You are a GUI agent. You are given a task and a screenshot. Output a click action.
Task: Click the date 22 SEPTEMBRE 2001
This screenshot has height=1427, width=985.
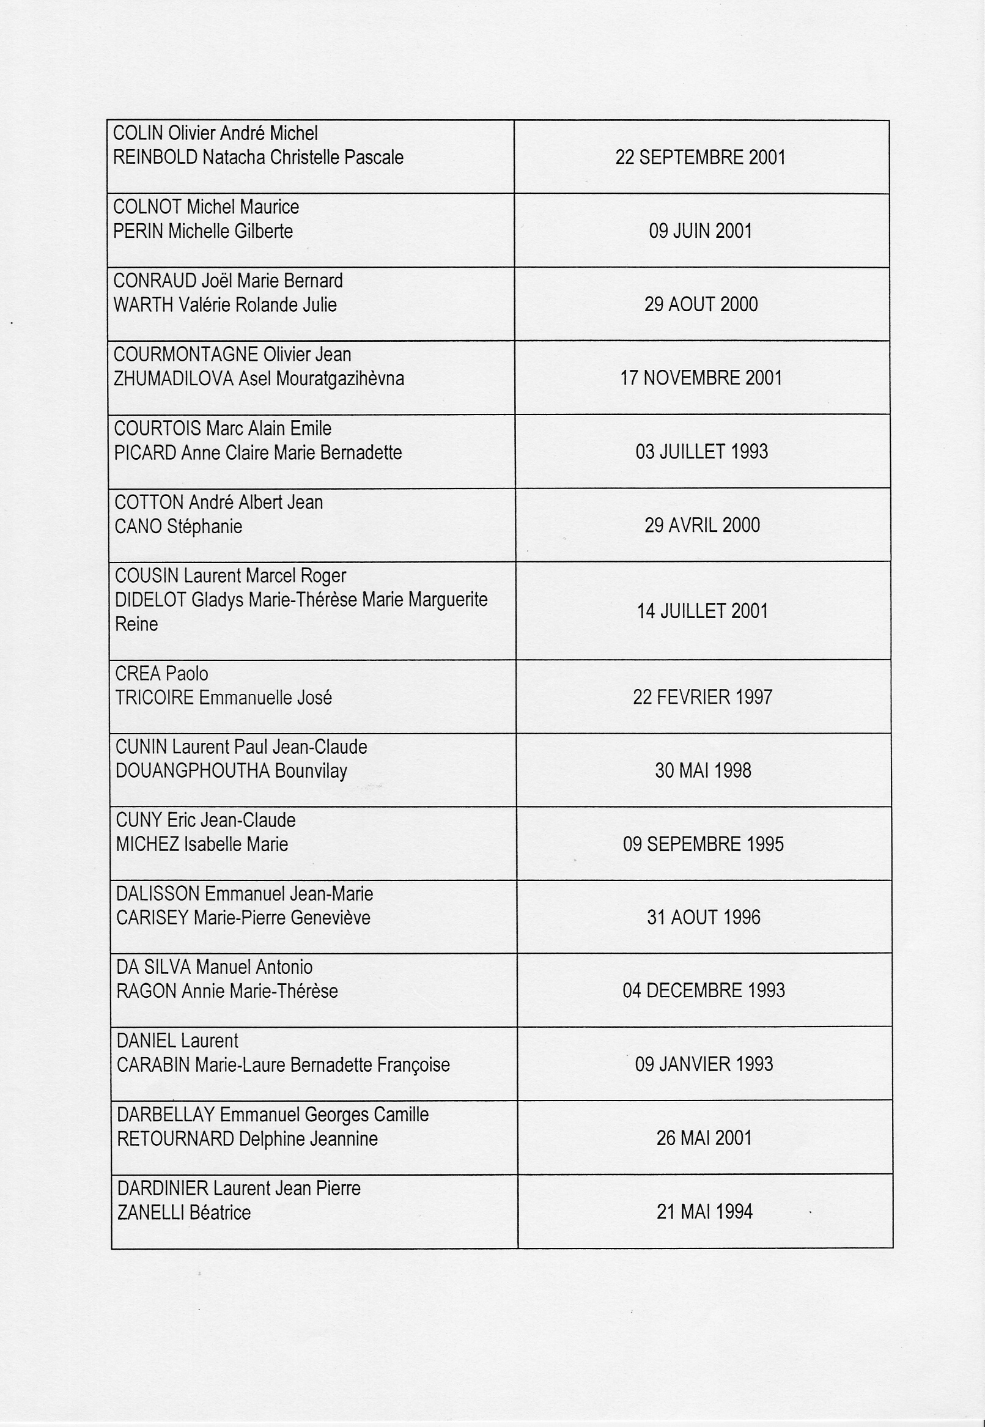(x=700, y=157)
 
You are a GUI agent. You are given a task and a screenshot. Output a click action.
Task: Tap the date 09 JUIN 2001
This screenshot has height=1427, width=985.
(x=700, y=231)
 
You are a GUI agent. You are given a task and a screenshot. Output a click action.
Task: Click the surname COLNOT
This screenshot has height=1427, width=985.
(x=147, y=207)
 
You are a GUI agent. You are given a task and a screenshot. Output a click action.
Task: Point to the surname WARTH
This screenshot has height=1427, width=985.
(x=143, y=305)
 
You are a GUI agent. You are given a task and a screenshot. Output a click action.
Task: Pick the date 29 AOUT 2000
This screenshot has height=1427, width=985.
(x=701, y=304)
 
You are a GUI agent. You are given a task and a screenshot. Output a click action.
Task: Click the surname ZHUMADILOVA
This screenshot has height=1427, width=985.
(x=174, y=378)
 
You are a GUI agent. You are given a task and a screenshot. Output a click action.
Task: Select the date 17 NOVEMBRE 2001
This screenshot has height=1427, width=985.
(x=701, y=378)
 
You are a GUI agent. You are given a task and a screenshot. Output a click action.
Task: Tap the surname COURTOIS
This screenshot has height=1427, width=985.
(x=157, y=429)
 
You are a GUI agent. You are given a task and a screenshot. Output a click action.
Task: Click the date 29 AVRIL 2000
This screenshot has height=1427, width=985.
(x=702, y=525)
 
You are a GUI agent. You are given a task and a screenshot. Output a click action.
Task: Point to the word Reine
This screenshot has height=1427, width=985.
(x=136, y=624)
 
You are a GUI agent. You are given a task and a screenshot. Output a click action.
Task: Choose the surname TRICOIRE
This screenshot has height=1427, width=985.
(x=154, y=698)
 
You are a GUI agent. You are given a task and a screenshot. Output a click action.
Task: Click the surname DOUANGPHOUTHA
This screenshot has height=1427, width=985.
(x=193, y=771)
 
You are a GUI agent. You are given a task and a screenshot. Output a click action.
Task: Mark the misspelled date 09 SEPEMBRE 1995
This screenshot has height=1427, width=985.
(x=703, y=844)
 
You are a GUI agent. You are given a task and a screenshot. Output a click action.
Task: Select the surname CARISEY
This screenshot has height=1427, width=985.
(x=152, y=918)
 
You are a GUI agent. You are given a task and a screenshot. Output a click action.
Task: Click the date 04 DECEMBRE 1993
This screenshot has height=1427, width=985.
(x=704, y=990)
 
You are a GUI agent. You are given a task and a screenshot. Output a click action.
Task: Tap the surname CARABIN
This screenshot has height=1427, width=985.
(x=153, y=1064)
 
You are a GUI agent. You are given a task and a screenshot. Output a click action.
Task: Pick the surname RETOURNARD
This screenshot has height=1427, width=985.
(x=175, y=1139)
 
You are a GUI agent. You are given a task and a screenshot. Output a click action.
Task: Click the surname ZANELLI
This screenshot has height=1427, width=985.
(x=150, y=1213)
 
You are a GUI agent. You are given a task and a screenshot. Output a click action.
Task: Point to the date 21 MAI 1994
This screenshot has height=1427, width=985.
(x=704, y=1212)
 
